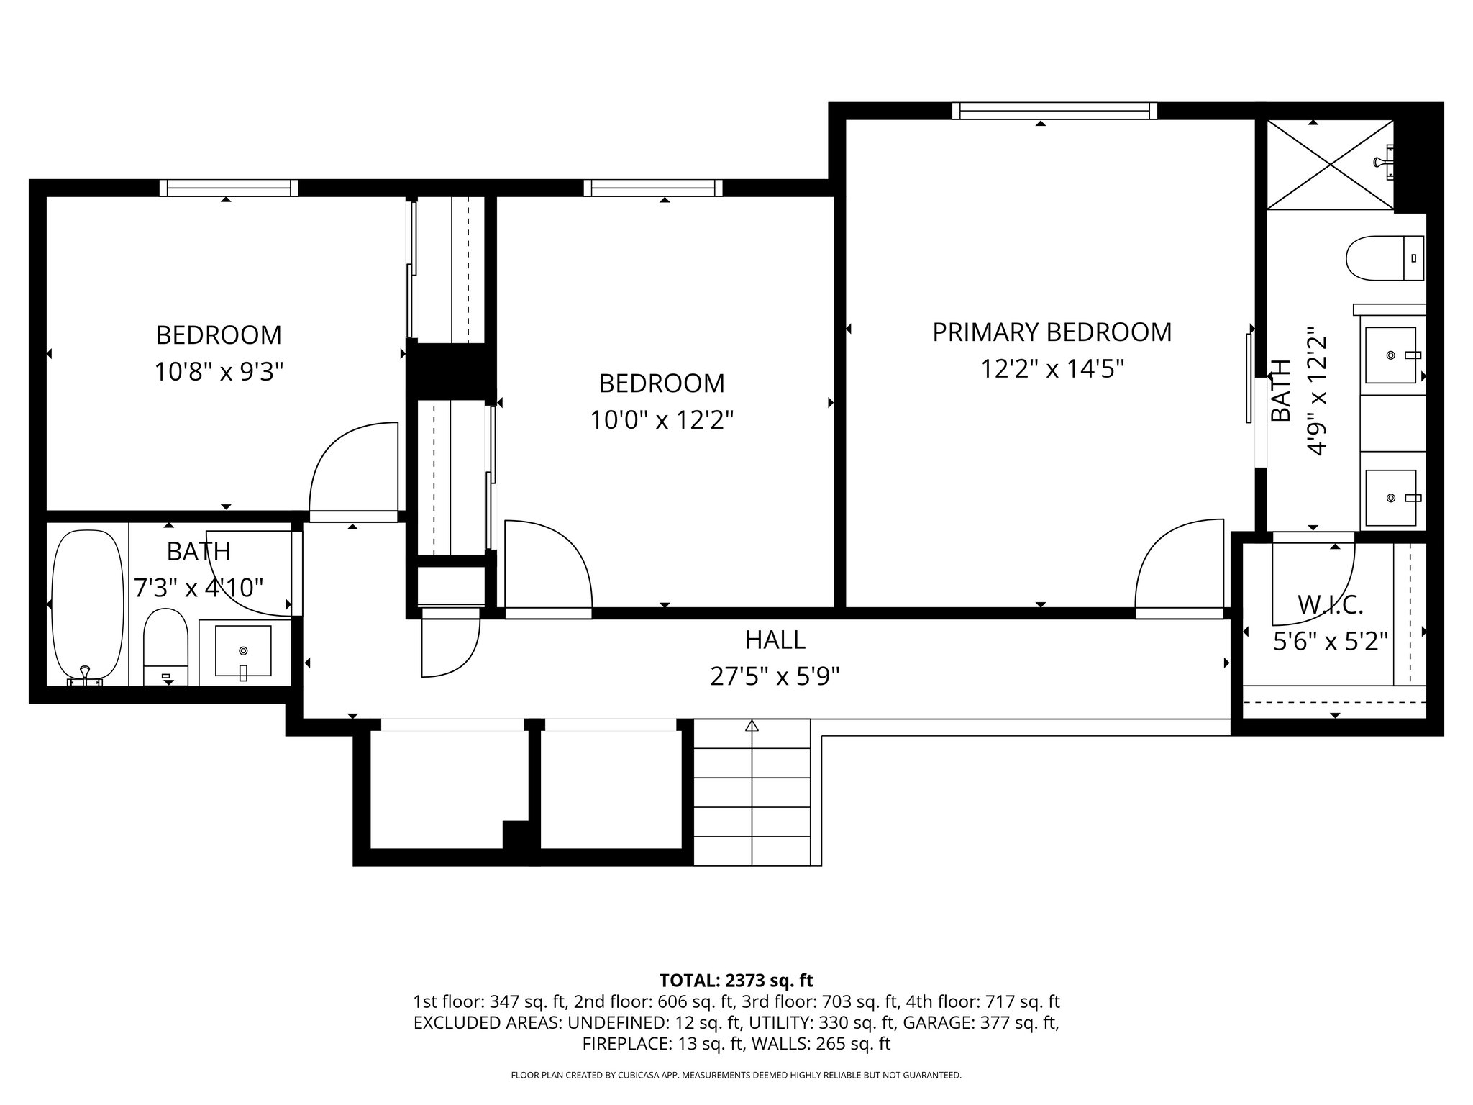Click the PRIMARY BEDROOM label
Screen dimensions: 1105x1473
click(1052, 332)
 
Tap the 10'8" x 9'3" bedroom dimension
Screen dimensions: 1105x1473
click(219, 372)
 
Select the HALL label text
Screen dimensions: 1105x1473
click(775, 640)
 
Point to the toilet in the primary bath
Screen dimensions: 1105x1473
click(1382, 258)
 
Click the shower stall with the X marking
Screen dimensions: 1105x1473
click(1331, 165)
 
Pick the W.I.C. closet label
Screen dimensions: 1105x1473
click(1330, 605)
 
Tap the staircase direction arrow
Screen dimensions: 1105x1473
click(752, 727)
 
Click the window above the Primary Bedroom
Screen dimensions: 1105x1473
click(1054, 111)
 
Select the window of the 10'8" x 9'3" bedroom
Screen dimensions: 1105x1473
click(229, 188)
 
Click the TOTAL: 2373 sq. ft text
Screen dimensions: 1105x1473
click(736, 981)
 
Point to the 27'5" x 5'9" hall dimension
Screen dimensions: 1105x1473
click(775, 677)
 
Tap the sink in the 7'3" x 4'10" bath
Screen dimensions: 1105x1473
click(243, 651)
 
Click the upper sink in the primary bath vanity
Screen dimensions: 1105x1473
click(1391, 355)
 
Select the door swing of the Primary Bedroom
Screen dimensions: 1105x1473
click(1180, 568)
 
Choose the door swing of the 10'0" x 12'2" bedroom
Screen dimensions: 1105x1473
click(547, 568)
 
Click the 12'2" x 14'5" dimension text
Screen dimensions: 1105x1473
click(1052, 370)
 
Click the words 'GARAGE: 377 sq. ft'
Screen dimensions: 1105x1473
click(980, 1022)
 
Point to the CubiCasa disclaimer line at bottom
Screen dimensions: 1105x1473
click(736, 1076)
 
